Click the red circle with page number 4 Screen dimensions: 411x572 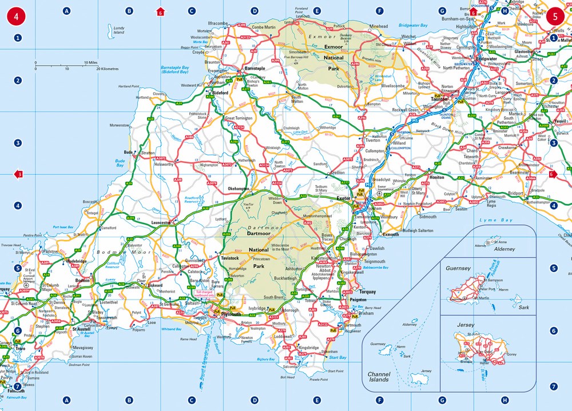16,16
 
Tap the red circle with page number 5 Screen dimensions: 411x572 554,16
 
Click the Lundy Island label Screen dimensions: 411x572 118,30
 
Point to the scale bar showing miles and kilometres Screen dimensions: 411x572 69,65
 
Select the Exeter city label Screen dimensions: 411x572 343,198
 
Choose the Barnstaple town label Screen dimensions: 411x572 255,68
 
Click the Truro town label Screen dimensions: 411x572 20,348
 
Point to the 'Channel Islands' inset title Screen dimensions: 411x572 379,377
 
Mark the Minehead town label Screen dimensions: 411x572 379,26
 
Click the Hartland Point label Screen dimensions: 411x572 129,86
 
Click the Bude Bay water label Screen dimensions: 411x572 120,163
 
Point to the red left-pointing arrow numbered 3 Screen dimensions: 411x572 18,174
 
